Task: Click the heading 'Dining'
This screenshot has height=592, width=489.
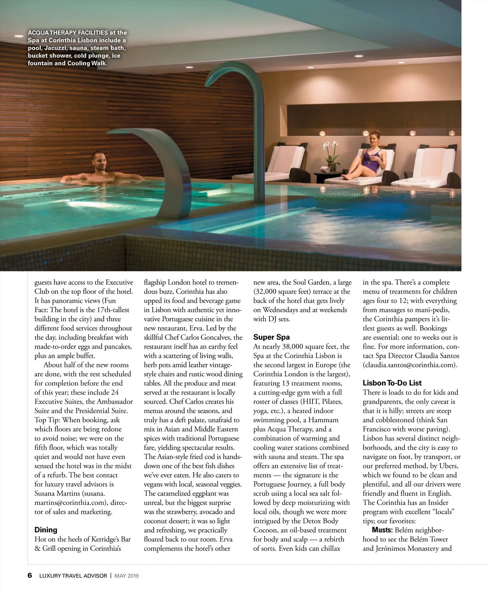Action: pos(46,530)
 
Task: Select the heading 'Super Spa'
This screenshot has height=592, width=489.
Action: pos(271,337)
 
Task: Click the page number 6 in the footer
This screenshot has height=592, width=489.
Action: pos(30,575)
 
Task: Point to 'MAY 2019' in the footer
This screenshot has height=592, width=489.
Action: pos(126,576)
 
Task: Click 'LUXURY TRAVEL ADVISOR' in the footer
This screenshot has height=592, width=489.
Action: pos(73,576)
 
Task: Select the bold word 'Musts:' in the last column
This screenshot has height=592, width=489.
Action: pos(382,530)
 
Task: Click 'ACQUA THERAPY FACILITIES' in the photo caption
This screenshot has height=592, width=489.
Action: pos(68,33)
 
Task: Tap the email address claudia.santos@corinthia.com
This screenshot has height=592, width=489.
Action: pos(410,365)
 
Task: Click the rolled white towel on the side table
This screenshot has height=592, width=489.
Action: pos(326,168)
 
